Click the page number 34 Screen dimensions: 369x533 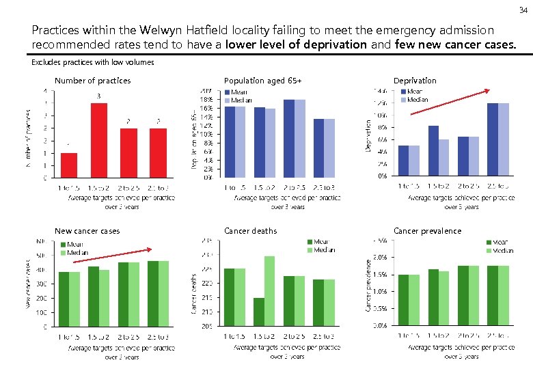(x=522, y=10)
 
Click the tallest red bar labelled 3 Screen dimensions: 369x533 (x=99, y=140)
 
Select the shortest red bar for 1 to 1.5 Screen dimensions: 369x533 (x=69, y=165)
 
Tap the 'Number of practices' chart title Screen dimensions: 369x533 (x=92, y=81)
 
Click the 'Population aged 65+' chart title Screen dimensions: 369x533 (x=262, y=81)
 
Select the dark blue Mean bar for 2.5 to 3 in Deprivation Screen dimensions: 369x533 (x=493, y=139)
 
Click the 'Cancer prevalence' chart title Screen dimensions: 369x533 (x=427, y=231)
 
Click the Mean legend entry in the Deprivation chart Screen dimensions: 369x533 (x=416, y=92)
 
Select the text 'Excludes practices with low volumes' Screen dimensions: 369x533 (x=93, y=62)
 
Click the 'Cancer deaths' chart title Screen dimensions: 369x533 (x=250, y=231)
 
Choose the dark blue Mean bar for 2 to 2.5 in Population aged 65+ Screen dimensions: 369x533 (x=288, y=139)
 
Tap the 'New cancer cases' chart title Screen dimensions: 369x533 (x=87, y=231)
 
